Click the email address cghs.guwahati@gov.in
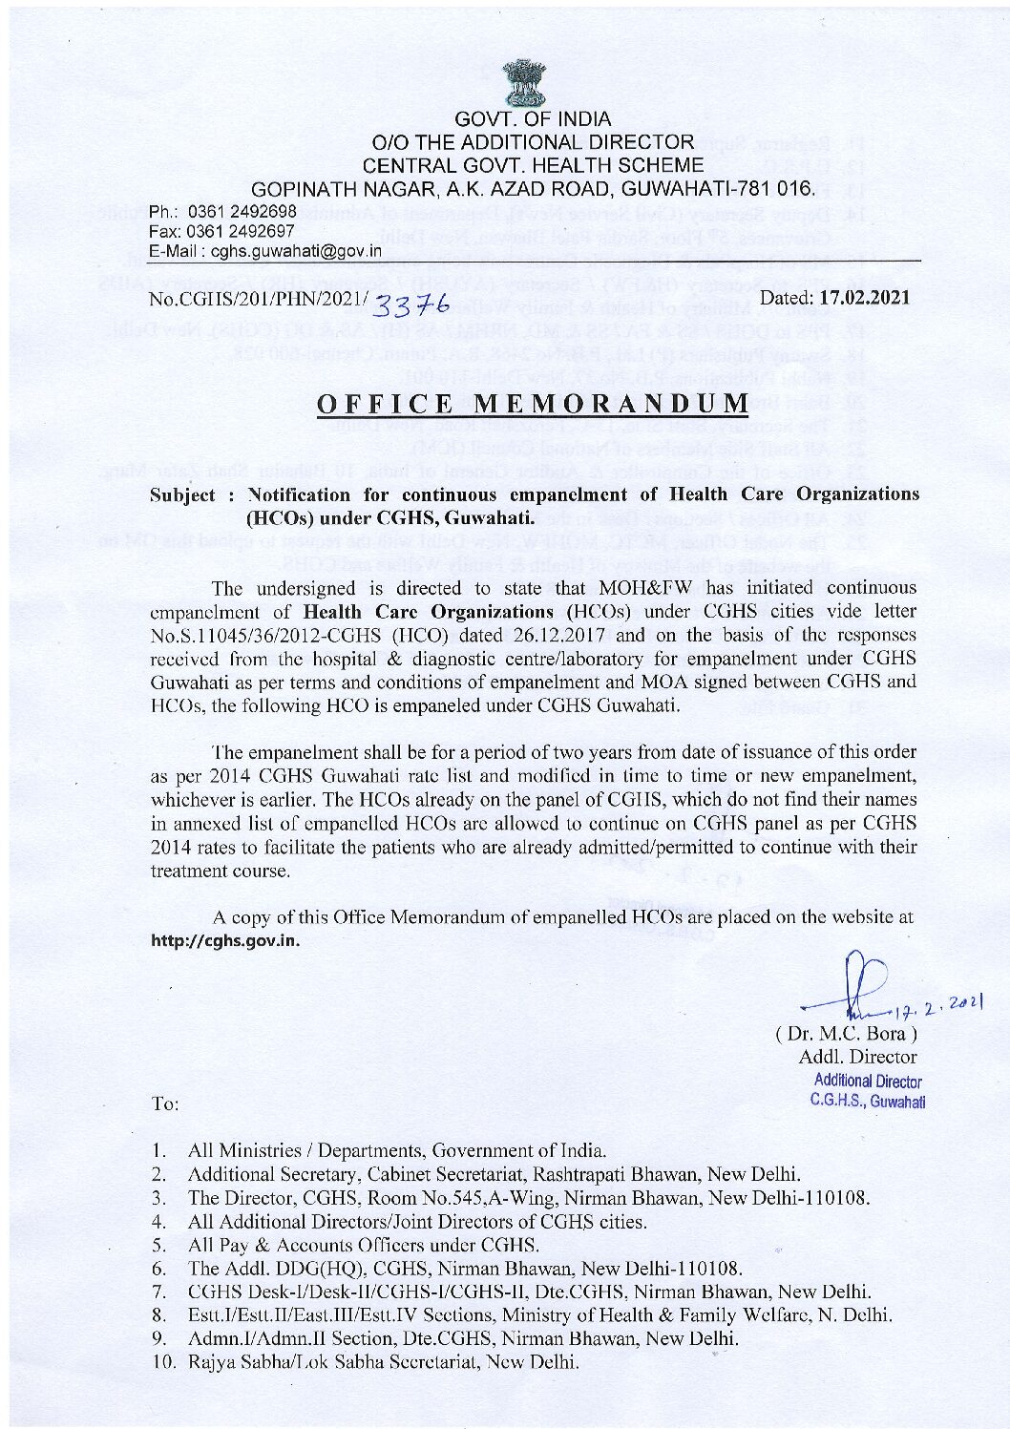pos(297,251)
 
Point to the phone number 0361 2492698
pos(242,211)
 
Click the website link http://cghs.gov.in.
pos(227,940)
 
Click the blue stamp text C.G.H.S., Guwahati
pos(868,1101)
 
